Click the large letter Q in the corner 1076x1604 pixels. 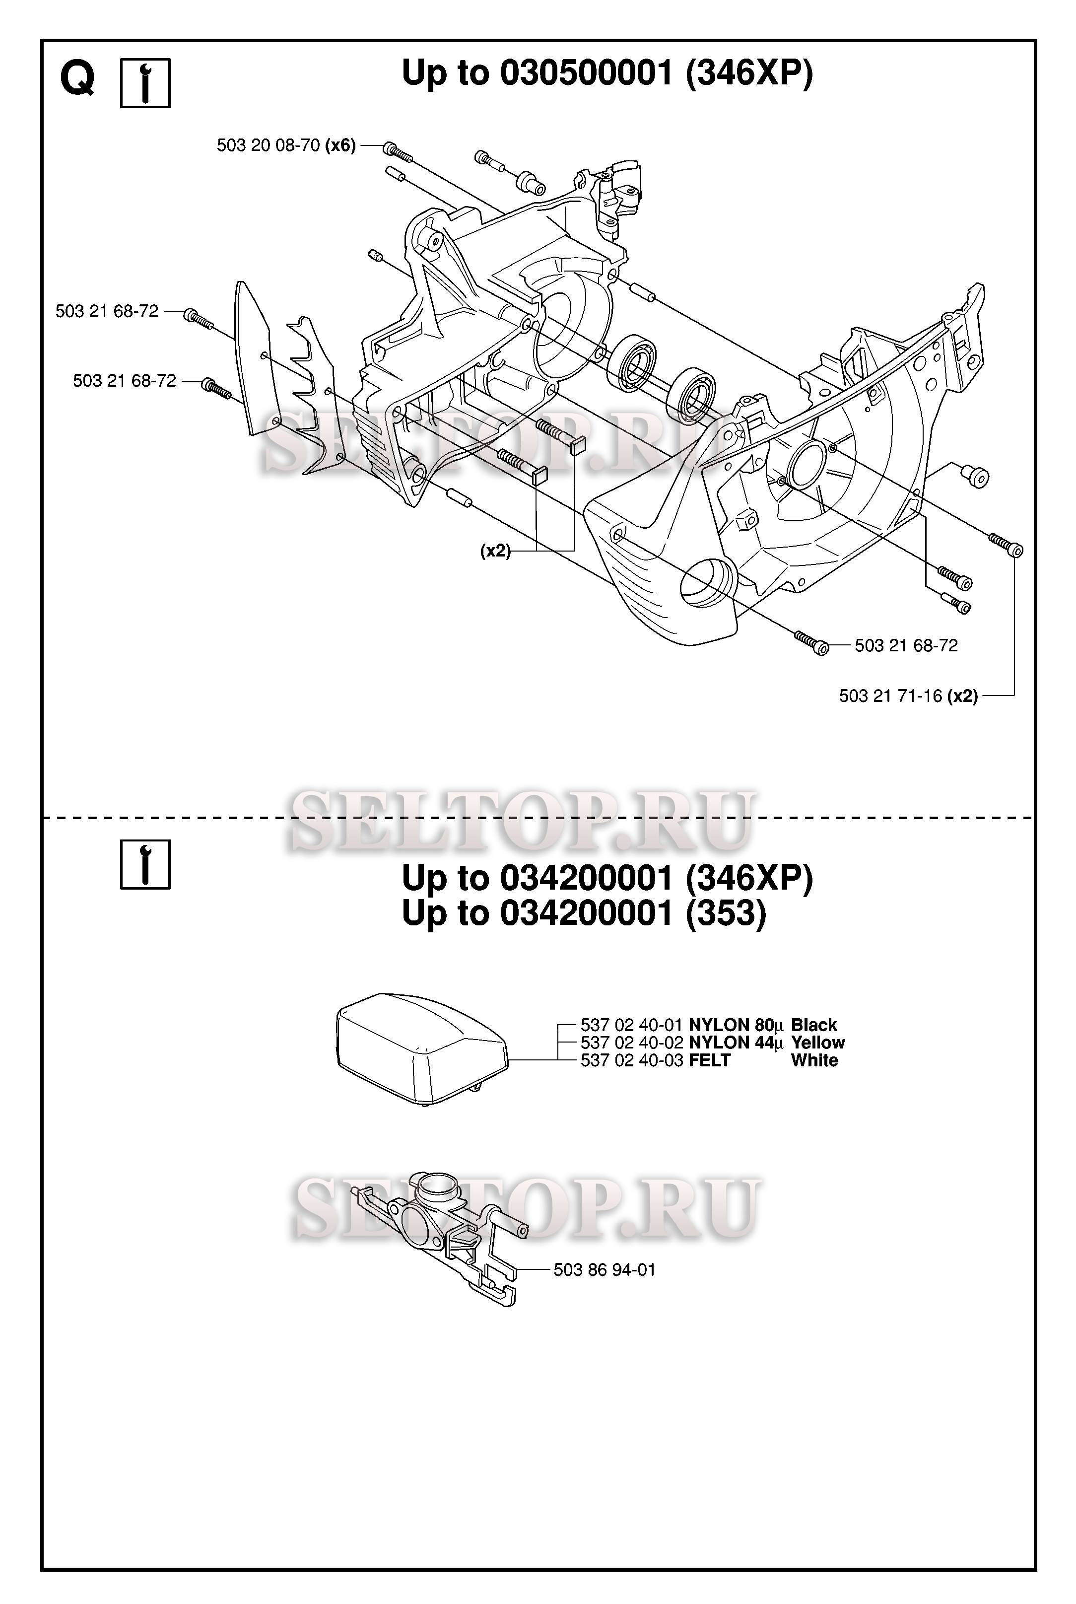[x=77, y=81]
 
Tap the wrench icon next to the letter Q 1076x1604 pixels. [x=145, y=83]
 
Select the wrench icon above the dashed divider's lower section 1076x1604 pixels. [x=145, y=864]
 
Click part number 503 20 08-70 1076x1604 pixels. [x=269, y=145]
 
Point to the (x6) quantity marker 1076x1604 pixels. [x=340, y=145]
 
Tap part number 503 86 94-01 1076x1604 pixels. [x=605, y=1270]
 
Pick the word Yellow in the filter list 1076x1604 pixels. [x=818, y=1043]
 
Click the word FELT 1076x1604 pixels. [x=710, y=1060]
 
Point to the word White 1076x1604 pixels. [x=814, y=1060]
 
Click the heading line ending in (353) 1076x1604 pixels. [x=584, y=913]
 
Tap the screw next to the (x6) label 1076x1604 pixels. [x=398, y=152]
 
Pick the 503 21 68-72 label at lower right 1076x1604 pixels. [x=906, y=645]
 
